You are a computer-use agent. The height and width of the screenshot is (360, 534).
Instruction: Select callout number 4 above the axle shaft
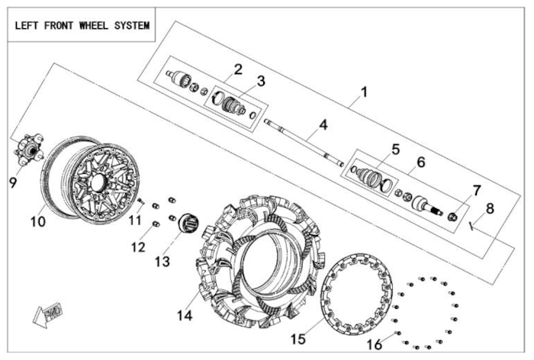[323, 123]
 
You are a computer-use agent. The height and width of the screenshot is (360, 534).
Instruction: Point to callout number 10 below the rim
[37, 221]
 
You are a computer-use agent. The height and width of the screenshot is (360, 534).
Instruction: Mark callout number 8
[490, 207]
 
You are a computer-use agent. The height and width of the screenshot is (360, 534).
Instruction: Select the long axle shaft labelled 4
[305, 141]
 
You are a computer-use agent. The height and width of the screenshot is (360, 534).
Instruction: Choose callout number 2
[238, 69]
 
